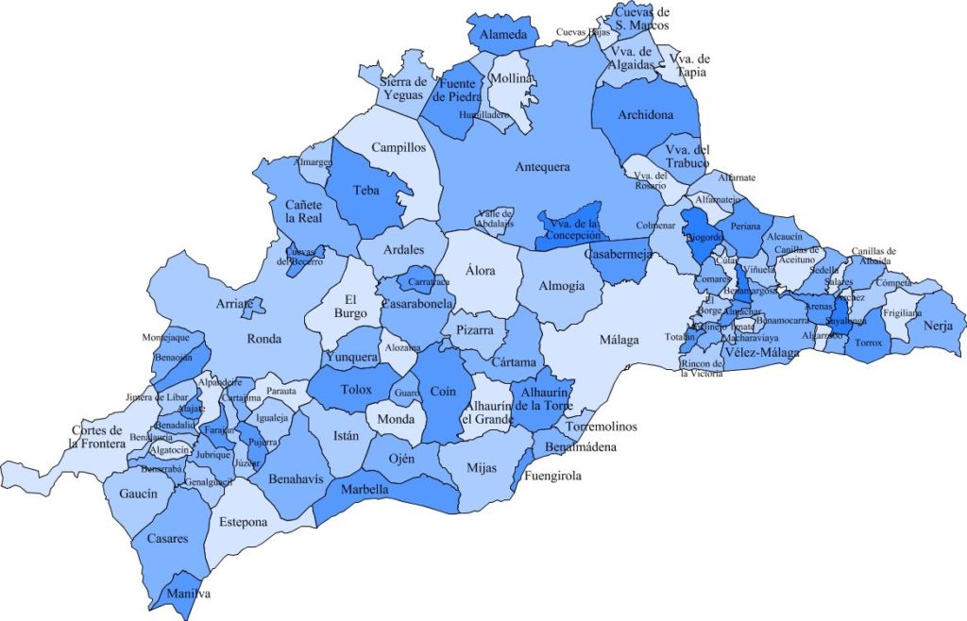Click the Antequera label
click(x=543, y=167)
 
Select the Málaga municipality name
click(x=619, y=340)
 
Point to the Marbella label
click(x=365, y=490)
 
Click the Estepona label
click(x=243, y=522)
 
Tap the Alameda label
click(x=503, y=36)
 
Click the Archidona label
click(x=646, y=115)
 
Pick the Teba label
click(x=365, y=190)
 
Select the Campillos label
click(x=399, y=148)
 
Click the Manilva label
click(x=188, y=594)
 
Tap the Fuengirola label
click(x=552, y=477)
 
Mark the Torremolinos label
click(x=602, y=427)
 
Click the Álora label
click(x=481, y=271)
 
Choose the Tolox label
click(x=355, y=390)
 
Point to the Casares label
click(x=167, y=539)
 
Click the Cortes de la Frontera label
click(x=97, y=437)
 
